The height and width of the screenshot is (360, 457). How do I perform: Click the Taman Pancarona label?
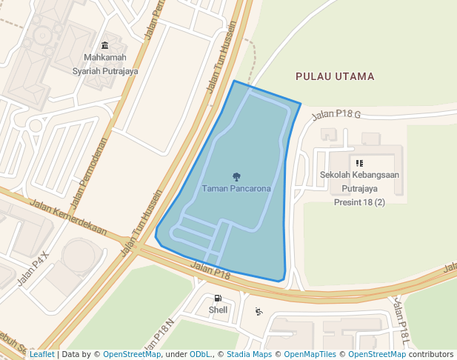pyautogui.click(x=236, y=189)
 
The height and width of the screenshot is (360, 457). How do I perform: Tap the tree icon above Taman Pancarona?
pyautogui.click(x=236, y=177)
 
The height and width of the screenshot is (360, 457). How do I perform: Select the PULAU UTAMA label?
pyautogui.click(x=335, y=76)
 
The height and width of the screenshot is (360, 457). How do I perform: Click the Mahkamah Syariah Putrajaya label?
pyautogui.click(x=104, y=64)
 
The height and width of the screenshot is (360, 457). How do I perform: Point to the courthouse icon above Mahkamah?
pyautogui.click(x=104, y=46)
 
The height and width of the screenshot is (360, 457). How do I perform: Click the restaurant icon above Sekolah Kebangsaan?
pyautogui.click(x=359, y=163)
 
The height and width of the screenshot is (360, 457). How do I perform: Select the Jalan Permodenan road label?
pyautogui.click(x=89, y=173)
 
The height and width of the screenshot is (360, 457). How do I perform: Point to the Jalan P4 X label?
pyautogui.click(x=33, y=267)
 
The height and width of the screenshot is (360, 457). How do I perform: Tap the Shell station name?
pyautogui.click(x=218, y=310)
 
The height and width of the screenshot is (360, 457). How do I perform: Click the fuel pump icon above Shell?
pyautogui.click(x=218, y=298)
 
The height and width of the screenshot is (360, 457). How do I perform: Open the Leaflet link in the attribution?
pyautogui.click(x=41, y=355)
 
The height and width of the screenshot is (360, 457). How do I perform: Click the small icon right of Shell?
pyautogui.click(x=258, y=311)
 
